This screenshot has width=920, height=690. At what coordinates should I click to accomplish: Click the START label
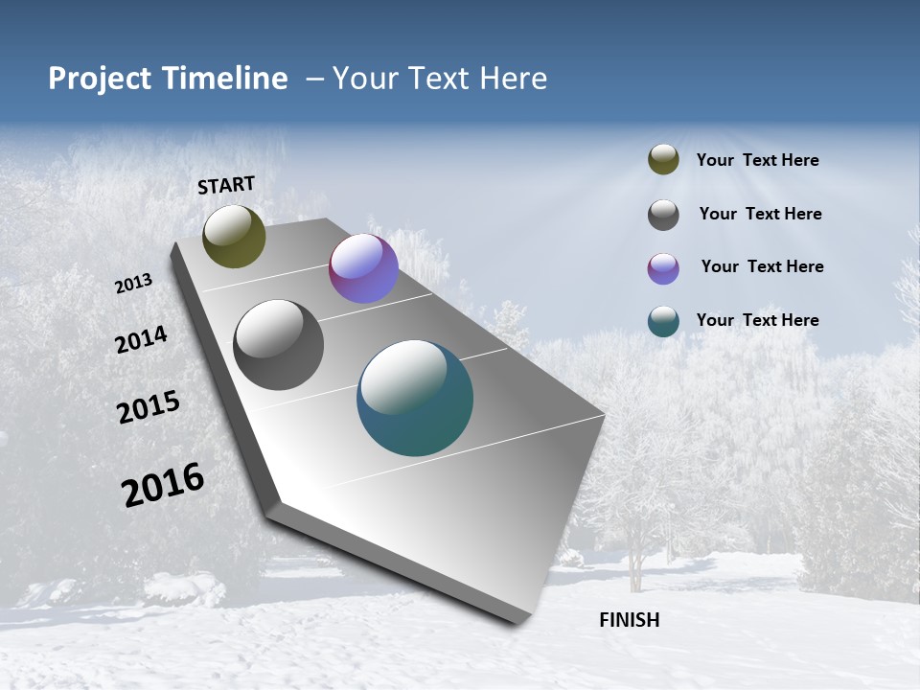click(226, 185)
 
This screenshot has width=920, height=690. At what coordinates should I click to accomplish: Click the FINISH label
click(629, 620)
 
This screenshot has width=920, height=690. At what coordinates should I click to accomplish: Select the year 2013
click(134, 284)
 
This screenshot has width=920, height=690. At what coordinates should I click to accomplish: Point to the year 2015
click(149, 407)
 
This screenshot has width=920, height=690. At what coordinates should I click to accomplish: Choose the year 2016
click(163, 485)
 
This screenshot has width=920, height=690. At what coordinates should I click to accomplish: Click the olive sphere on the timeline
click(234, 236)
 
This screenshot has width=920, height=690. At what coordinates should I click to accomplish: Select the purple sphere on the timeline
click(363, 268)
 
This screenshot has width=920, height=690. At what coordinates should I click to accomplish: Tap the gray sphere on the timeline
click(278, 345)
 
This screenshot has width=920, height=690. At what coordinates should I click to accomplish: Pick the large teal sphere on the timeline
click(415, 398)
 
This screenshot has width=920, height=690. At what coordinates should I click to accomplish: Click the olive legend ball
click(663, 160)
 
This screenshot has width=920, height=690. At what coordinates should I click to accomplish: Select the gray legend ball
click(663, 215)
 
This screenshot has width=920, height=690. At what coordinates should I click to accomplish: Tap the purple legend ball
click(663, 268)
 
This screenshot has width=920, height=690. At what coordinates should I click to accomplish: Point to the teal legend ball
click(663, 321)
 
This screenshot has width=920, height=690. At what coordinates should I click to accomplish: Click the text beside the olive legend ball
click(757, 161)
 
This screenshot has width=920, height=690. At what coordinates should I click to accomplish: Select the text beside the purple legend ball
click(762, 266)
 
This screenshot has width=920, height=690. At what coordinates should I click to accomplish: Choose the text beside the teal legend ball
click(757, 320)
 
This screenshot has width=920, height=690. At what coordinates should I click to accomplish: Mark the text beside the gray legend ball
click(760, 214)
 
